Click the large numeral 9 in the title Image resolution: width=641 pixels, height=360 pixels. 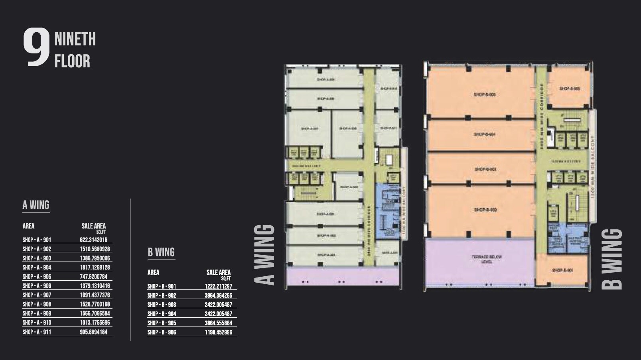36,47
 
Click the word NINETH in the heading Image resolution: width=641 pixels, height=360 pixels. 75,39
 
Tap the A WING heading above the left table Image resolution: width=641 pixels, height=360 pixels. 36,205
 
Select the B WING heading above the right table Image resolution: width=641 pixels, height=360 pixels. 161,252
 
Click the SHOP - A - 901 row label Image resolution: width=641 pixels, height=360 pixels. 37,240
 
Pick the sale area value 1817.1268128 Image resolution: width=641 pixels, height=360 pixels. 95,268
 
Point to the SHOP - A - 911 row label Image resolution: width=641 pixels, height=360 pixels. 37,332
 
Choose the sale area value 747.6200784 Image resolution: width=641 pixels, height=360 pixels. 93,277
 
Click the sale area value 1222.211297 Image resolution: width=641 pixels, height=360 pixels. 218,286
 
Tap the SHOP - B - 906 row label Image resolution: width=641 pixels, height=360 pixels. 162,332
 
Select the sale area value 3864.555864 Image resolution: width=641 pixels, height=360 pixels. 218,323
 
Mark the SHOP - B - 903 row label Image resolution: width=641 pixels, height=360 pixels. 162,305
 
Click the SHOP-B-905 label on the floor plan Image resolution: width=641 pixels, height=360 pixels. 485,95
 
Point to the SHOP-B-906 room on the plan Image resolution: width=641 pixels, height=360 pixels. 569,89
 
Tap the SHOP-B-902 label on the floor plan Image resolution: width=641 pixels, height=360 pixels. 485,210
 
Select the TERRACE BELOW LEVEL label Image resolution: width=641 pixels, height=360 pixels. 487,260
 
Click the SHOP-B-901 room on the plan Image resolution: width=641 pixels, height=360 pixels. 562,271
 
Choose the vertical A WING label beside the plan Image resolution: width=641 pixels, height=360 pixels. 265,255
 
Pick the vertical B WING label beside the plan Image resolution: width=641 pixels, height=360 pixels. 612,259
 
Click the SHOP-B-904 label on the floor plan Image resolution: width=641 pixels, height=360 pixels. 485,134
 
